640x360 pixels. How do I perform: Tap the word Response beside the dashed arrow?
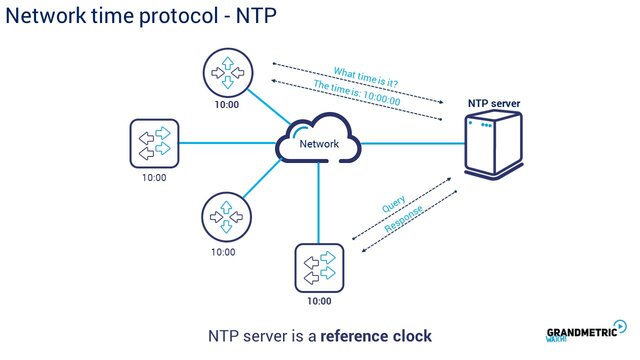coord(406,223)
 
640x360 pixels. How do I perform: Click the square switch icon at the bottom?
coord(320,267)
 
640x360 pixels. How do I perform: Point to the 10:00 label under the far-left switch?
coord(154,178)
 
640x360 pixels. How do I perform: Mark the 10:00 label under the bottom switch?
coord(319,301)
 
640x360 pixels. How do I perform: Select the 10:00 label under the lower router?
coord(224,252)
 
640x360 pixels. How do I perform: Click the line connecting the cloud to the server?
coord(410,144)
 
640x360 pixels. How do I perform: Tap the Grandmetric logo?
coord(586,334)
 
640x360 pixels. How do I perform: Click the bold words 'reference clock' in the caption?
coord(376,336)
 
